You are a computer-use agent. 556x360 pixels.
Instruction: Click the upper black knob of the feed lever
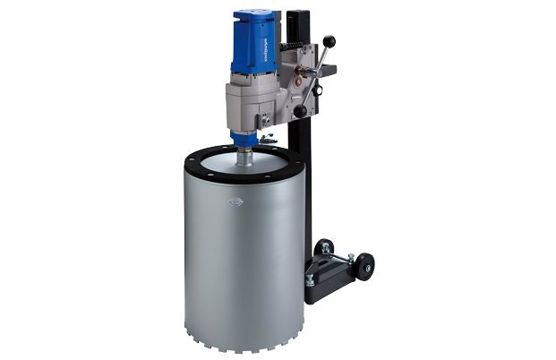(x=329, y=41)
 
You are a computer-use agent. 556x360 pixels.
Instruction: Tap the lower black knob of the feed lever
(x=301, y=112)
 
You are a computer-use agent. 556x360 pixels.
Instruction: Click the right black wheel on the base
(x=364, y=267)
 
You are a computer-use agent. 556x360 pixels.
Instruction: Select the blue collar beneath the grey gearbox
(x=244, y=139)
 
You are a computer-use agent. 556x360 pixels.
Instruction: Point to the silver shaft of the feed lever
(x=315, y=77)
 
